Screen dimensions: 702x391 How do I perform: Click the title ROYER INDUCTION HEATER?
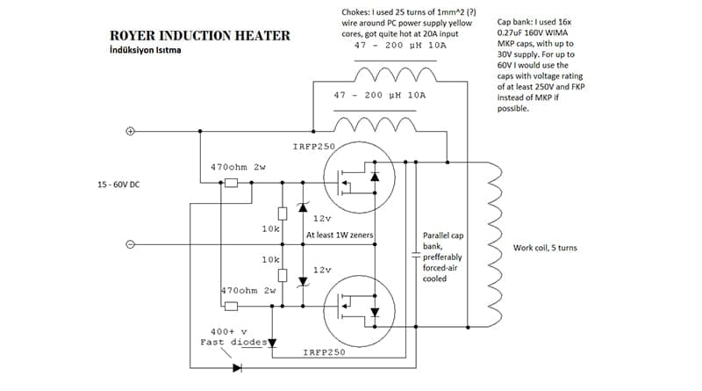click(x=200, y=35)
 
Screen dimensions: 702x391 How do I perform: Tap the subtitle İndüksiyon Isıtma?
click(x=146, y=50)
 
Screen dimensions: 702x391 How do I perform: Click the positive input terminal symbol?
click(x=130, y=131)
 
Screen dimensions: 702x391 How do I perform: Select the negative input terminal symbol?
click(x=130, y=244)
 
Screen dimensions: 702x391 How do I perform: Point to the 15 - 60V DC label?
click(x=118, y=185)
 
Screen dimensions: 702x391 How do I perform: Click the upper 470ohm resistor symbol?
click(x=231, y=183)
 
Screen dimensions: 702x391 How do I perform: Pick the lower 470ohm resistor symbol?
click(x=231, y=307)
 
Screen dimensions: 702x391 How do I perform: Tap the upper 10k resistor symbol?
click(x=283, y=214)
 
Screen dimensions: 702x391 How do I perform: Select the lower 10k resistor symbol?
click(x=283, y=275)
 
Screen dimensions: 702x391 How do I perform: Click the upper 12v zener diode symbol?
click(x=303, y=207)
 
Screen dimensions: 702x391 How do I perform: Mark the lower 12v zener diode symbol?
click(x=303, y=281)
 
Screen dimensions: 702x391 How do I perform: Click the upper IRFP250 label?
click(x=314, y=147)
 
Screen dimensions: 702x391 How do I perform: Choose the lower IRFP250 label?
click(x=325, y=352)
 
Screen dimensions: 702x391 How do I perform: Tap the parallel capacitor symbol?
click(x=416, y=255)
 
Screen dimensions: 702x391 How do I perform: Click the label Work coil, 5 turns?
click(x=545, y=248)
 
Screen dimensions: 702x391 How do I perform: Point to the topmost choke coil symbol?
click(x=396, y=75)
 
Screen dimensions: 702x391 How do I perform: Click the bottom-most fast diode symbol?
click(x=237, y=368)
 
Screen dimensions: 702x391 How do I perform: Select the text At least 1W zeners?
click(x=340, y=235)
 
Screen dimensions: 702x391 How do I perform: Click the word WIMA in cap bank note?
click(x=556, y=33)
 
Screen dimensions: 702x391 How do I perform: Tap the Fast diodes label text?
click(x=233, y=343)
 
